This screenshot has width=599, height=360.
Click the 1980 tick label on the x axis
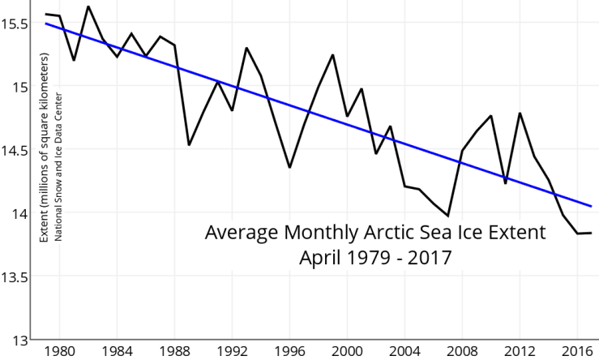coord(59,352)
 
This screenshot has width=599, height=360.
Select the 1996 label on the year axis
coord(289,352)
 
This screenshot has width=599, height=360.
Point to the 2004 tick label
coord(404,352)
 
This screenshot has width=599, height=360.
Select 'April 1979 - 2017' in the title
coord(375,258)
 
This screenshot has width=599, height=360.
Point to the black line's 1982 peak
coord(88,6)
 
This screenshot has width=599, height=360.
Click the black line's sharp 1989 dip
coord(189,145)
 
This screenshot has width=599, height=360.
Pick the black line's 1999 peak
coord(333,55)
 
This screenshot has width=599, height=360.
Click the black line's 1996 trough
coord(289,167)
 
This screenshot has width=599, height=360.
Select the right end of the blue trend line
coord(591,207)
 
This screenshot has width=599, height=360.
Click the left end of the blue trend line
coord(45,24)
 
